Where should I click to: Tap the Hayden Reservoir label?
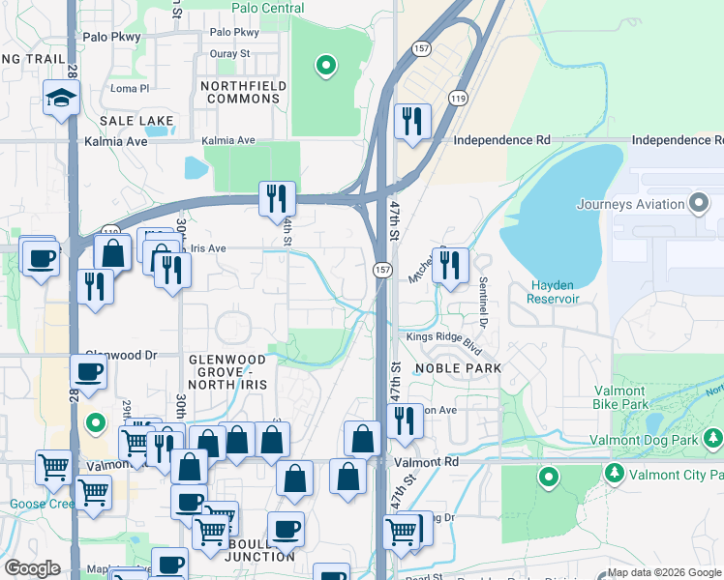coord(555,291)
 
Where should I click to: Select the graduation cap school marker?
coord(60,98)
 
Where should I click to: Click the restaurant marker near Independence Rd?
coord(412,121)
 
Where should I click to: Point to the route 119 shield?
coord(458,98)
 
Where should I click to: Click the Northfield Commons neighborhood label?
coord(240,92)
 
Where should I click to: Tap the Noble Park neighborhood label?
coord(458,368)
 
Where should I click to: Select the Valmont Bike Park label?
coord(633,397)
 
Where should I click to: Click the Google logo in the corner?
coord(32,568)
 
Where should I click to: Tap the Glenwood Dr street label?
coord(121,356)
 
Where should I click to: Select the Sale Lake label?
coord(136,121)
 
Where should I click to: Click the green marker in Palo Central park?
coord(326,66)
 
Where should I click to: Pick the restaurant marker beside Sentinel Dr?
coord(448,266)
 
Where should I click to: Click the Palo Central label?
coord(268,9)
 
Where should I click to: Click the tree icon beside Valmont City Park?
coord(614,474)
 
